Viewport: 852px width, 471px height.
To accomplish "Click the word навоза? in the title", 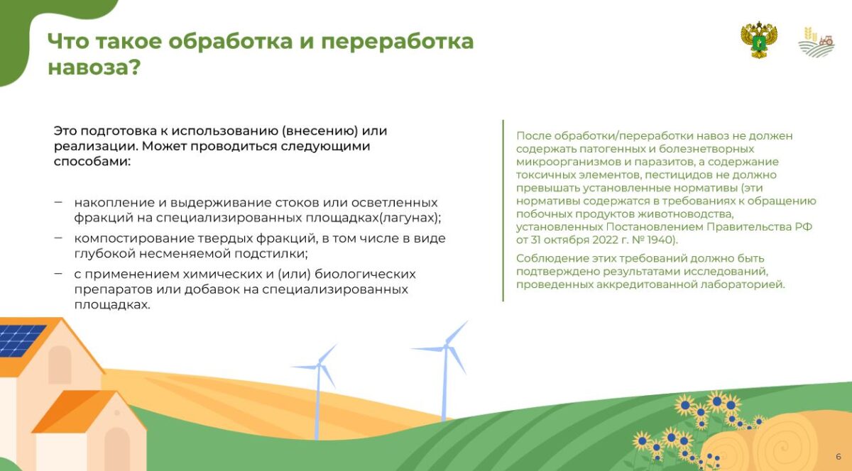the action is click(94, 68).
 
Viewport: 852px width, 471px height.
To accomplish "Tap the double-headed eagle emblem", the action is click(759, 40).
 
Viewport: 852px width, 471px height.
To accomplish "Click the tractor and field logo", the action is click(816, 43).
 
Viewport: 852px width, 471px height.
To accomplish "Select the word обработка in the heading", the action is click(231, 41).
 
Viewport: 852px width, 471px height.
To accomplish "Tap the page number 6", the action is click(839, 457).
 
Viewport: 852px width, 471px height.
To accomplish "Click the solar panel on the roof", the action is click(21, 340).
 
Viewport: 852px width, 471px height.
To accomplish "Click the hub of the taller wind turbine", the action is click(445, 347).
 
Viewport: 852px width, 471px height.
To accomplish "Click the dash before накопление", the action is click(58, 202).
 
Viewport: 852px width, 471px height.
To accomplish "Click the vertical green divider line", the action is click(503, 211).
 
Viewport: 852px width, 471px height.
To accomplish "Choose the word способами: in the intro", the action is click(92, 162).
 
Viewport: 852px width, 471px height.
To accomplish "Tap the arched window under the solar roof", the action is click(60, 365).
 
